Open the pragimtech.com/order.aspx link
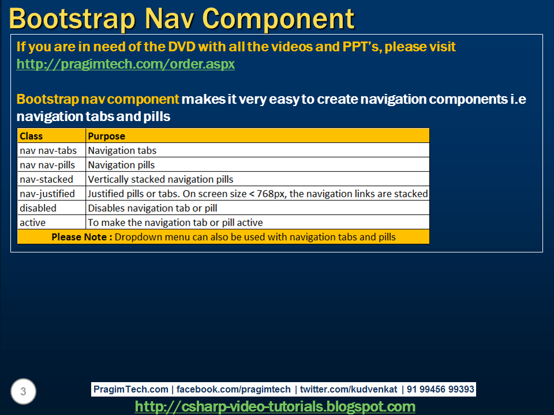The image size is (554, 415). click(125, 64)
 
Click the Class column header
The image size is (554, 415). click(31, 136)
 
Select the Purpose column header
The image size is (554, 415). click(106, 136)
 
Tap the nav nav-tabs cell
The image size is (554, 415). click(48, 150)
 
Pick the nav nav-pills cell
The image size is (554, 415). click(47, 165)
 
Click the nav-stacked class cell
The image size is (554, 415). click(46, 179)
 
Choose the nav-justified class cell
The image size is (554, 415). click(47, 194)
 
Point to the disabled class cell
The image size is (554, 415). click(38, 208)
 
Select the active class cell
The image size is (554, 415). click(32, 222)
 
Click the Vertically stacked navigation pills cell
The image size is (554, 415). click(160, 179)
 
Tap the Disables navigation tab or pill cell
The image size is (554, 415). click(152, 208)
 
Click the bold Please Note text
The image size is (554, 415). click(81, 237)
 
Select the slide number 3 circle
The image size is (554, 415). click(23, 392)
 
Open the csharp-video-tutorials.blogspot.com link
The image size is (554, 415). click(275, 406)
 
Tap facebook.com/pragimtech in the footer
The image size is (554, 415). click(233, 390)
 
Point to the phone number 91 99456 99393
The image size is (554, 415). click(440, 390)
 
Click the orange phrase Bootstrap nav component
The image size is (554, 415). click(98, 99)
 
